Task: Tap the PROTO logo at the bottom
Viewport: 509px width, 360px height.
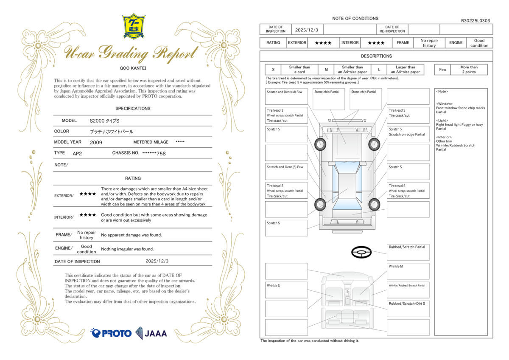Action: [111, 333]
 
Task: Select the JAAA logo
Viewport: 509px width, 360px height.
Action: [151, 333]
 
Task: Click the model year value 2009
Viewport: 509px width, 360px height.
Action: [96, 142]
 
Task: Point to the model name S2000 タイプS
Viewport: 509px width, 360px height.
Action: [104, 121]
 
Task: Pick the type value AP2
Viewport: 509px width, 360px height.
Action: [77, 153]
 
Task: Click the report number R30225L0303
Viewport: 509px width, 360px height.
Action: [475, 20]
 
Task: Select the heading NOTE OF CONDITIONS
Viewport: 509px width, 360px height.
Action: [355, 18]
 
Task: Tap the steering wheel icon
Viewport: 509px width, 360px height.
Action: [361, 253]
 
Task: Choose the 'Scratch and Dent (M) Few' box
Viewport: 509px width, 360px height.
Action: [286, 96]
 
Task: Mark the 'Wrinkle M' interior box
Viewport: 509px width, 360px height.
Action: [408, 271]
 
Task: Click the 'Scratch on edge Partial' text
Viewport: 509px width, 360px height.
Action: [407, 135]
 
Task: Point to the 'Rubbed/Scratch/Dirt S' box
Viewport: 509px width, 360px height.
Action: [408, 308]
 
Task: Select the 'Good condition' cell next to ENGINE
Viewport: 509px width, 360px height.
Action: [479, 43]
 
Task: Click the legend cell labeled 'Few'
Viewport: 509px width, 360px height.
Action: [442, 70]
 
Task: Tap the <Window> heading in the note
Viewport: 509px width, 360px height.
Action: [445, 104]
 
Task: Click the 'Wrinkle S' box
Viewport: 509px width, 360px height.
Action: [286, 290]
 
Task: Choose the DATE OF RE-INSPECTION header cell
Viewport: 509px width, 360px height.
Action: [392, 29]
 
